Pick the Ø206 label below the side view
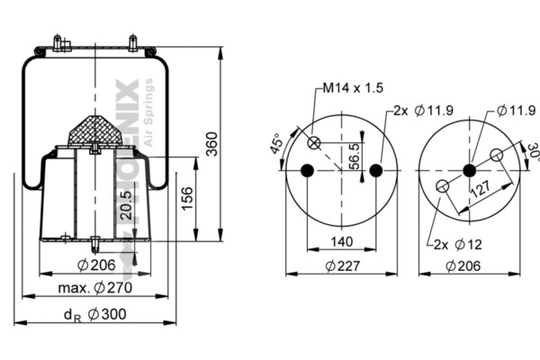[95, 264]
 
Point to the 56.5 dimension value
[354, 156]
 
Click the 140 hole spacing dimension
[341, 241]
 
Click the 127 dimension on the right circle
[481, 190]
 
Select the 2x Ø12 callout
[457, 244]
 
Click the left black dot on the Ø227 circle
[307, 171]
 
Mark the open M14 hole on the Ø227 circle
[315, 142]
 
